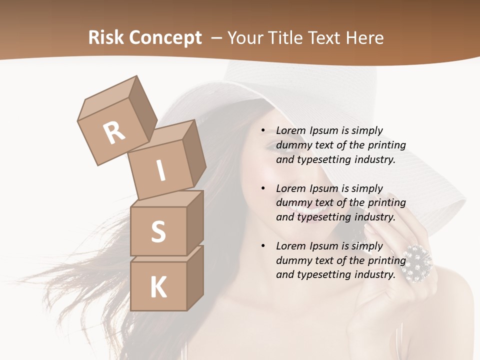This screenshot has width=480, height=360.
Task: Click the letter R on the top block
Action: coord(114,132)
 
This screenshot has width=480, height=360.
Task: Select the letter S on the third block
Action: coord(158,232)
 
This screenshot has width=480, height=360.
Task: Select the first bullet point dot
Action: coord(263,131)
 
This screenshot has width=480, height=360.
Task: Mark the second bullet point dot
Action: coord(263,188)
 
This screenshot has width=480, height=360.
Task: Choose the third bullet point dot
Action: coord(263,246)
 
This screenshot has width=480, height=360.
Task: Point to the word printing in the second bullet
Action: coord(387,203)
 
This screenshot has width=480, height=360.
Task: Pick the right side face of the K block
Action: coord(195,277)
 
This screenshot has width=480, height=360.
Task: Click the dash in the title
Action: coord(217,38)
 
